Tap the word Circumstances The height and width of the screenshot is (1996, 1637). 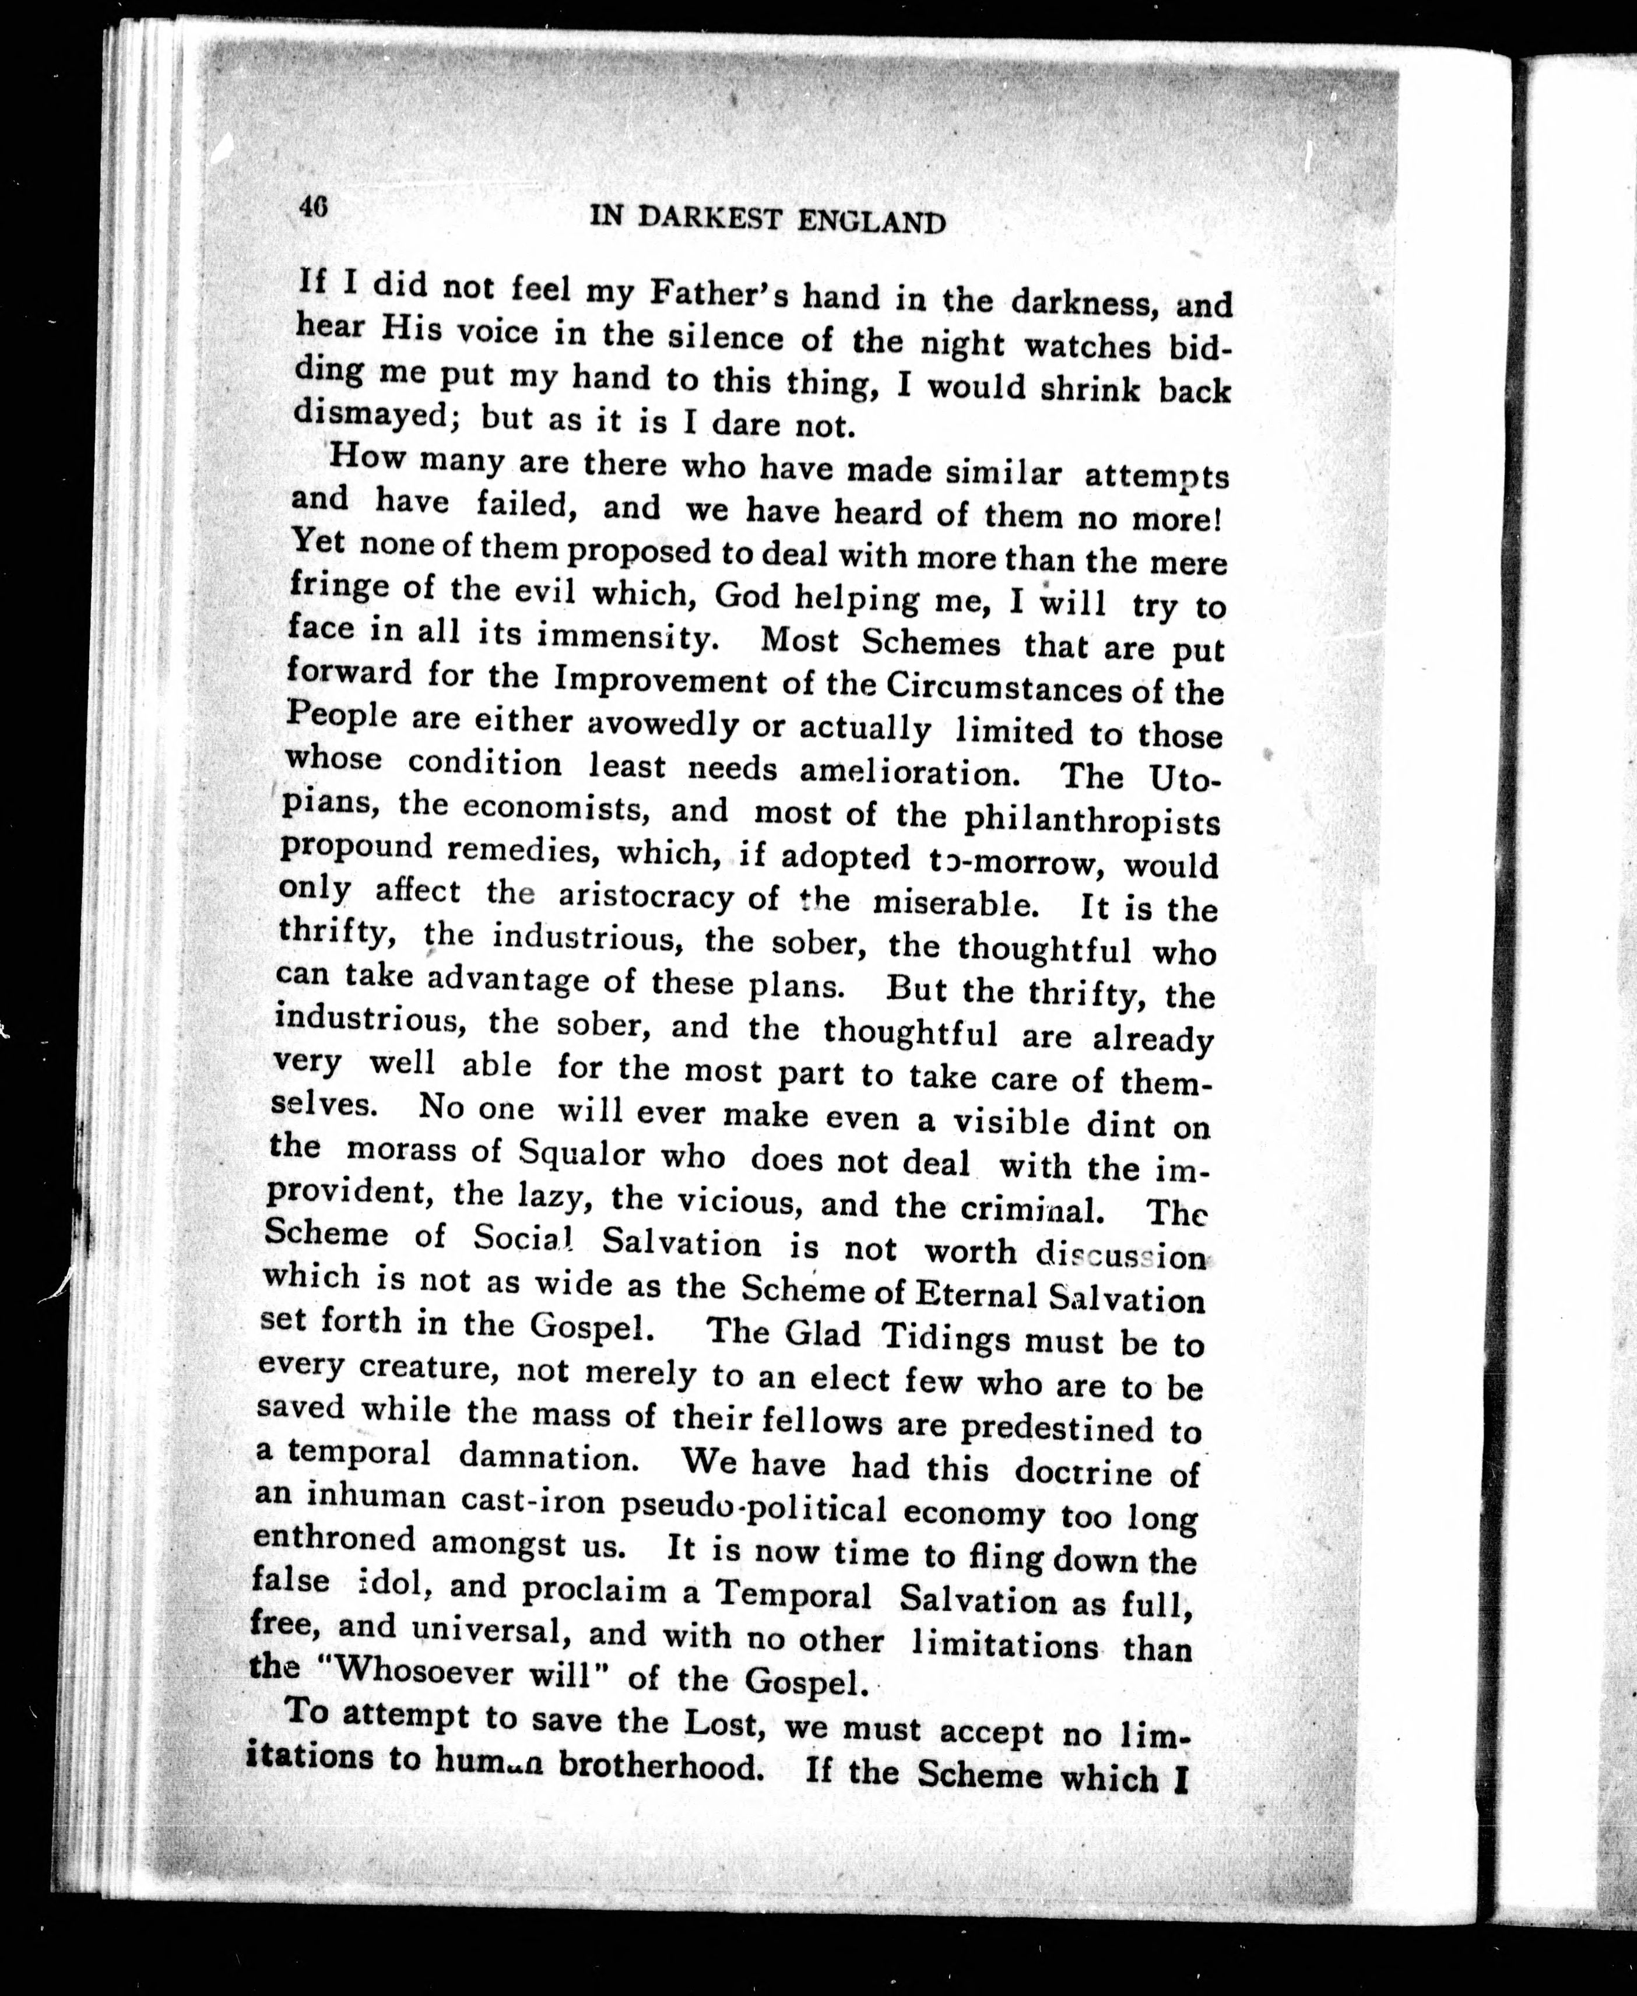point(1002,688)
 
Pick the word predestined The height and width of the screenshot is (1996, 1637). point(1057,1425)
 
